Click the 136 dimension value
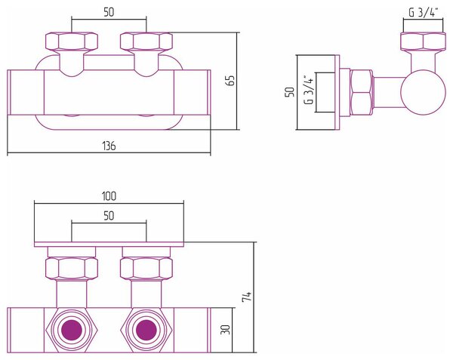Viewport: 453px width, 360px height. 109,146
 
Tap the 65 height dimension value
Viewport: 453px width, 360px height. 231,81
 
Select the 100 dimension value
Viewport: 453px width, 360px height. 109,196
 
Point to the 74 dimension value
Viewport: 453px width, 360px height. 247,297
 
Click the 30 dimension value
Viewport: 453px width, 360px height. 226,330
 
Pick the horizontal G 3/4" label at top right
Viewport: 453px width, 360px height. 424,12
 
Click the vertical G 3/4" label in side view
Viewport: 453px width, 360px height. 309,90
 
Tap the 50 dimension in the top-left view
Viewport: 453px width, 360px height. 109,12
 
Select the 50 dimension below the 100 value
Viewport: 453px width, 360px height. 109,216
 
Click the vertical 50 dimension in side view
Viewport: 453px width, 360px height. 290,92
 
